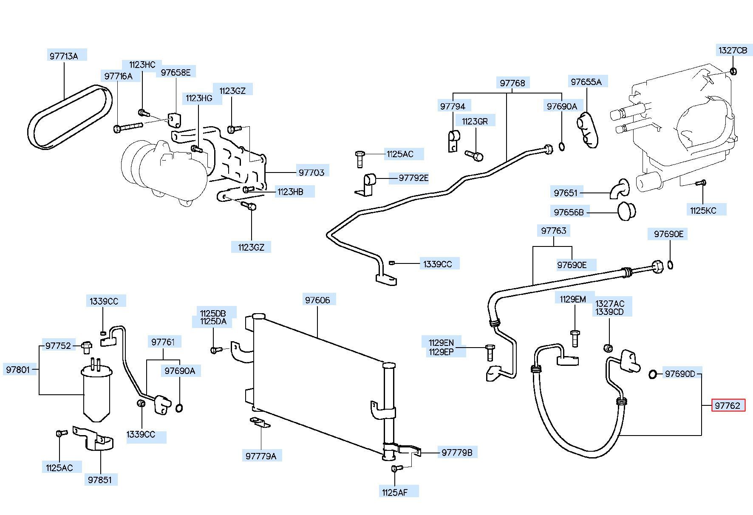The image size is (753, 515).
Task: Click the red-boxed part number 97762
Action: [728, 405]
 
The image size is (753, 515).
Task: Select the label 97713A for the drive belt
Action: [64, 56]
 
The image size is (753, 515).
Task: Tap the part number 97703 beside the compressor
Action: [311, 172]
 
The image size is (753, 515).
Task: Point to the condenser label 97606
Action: [317, 300]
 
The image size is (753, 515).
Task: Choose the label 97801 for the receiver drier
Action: [18, 370]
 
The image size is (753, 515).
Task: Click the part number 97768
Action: [512, 83]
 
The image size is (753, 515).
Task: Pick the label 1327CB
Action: [733, 50]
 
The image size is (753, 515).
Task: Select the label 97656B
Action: [569, 212]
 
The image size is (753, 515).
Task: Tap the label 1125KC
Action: [703, 210]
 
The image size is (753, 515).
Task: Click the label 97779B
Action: [457, 453]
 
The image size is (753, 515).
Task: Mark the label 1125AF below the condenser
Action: [395, 492]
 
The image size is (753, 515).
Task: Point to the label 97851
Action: [100, 480]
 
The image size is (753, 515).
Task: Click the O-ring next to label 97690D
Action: [652, 374]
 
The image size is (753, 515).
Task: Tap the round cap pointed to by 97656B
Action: [626, 211]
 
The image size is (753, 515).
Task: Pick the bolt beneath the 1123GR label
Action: [475, 156]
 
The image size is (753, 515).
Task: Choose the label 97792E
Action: [413, 178]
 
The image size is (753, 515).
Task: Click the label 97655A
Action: [586, 82]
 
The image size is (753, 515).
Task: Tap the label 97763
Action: [554, 231]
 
